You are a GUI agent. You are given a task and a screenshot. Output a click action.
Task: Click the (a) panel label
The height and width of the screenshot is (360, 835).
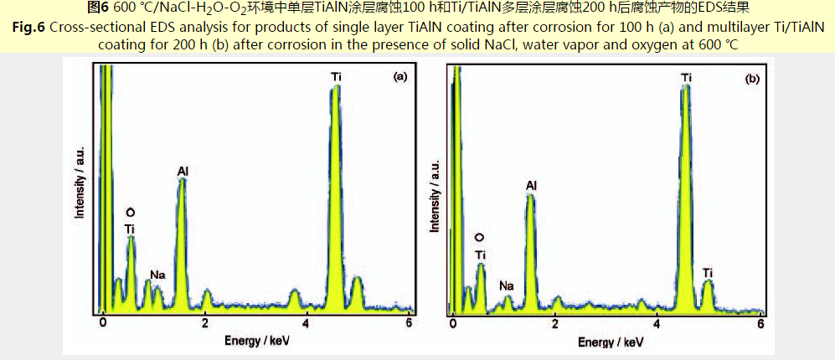399,78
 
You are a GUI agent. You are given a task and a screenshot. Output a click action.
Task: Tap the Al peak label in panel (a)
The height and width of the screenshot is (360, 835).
183,172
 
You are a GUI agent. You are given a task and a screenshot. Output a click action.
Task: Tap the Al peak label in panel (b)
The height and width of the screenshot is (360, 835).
531,185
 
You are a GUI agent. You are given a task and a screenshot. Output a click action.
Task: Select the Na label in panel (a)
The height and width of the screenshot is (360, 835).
157,274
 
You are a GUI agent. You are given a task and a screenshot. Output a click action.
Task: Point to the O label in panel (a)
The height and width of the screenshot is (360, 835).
129,213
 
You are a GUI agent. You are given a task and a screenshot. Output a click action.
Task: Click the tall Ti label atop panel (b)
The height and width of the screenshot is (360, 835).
687,78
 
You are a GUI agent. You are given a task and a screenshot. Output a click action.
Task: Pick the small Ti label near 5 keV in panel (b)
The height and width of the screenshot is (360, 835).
708,273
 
